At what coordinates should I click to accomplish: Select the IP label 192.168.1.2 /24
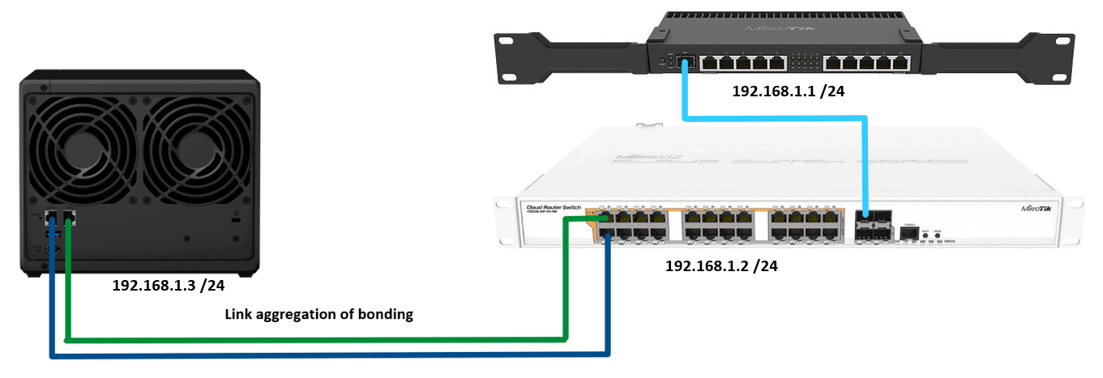click(x=721, y=265)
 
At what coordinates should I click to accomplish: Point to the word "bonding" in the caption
click(x=386, y=315)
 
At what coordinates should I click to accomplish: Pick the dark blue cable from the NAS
click(x=324, y=355)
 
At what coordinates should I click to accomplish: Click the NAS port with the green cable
click(x=68, y=218)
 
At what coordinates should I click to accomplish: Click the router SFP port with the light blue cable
click(x=685, y=61)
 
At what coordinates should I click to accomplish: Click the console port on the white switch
click(x=910, y=233)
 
